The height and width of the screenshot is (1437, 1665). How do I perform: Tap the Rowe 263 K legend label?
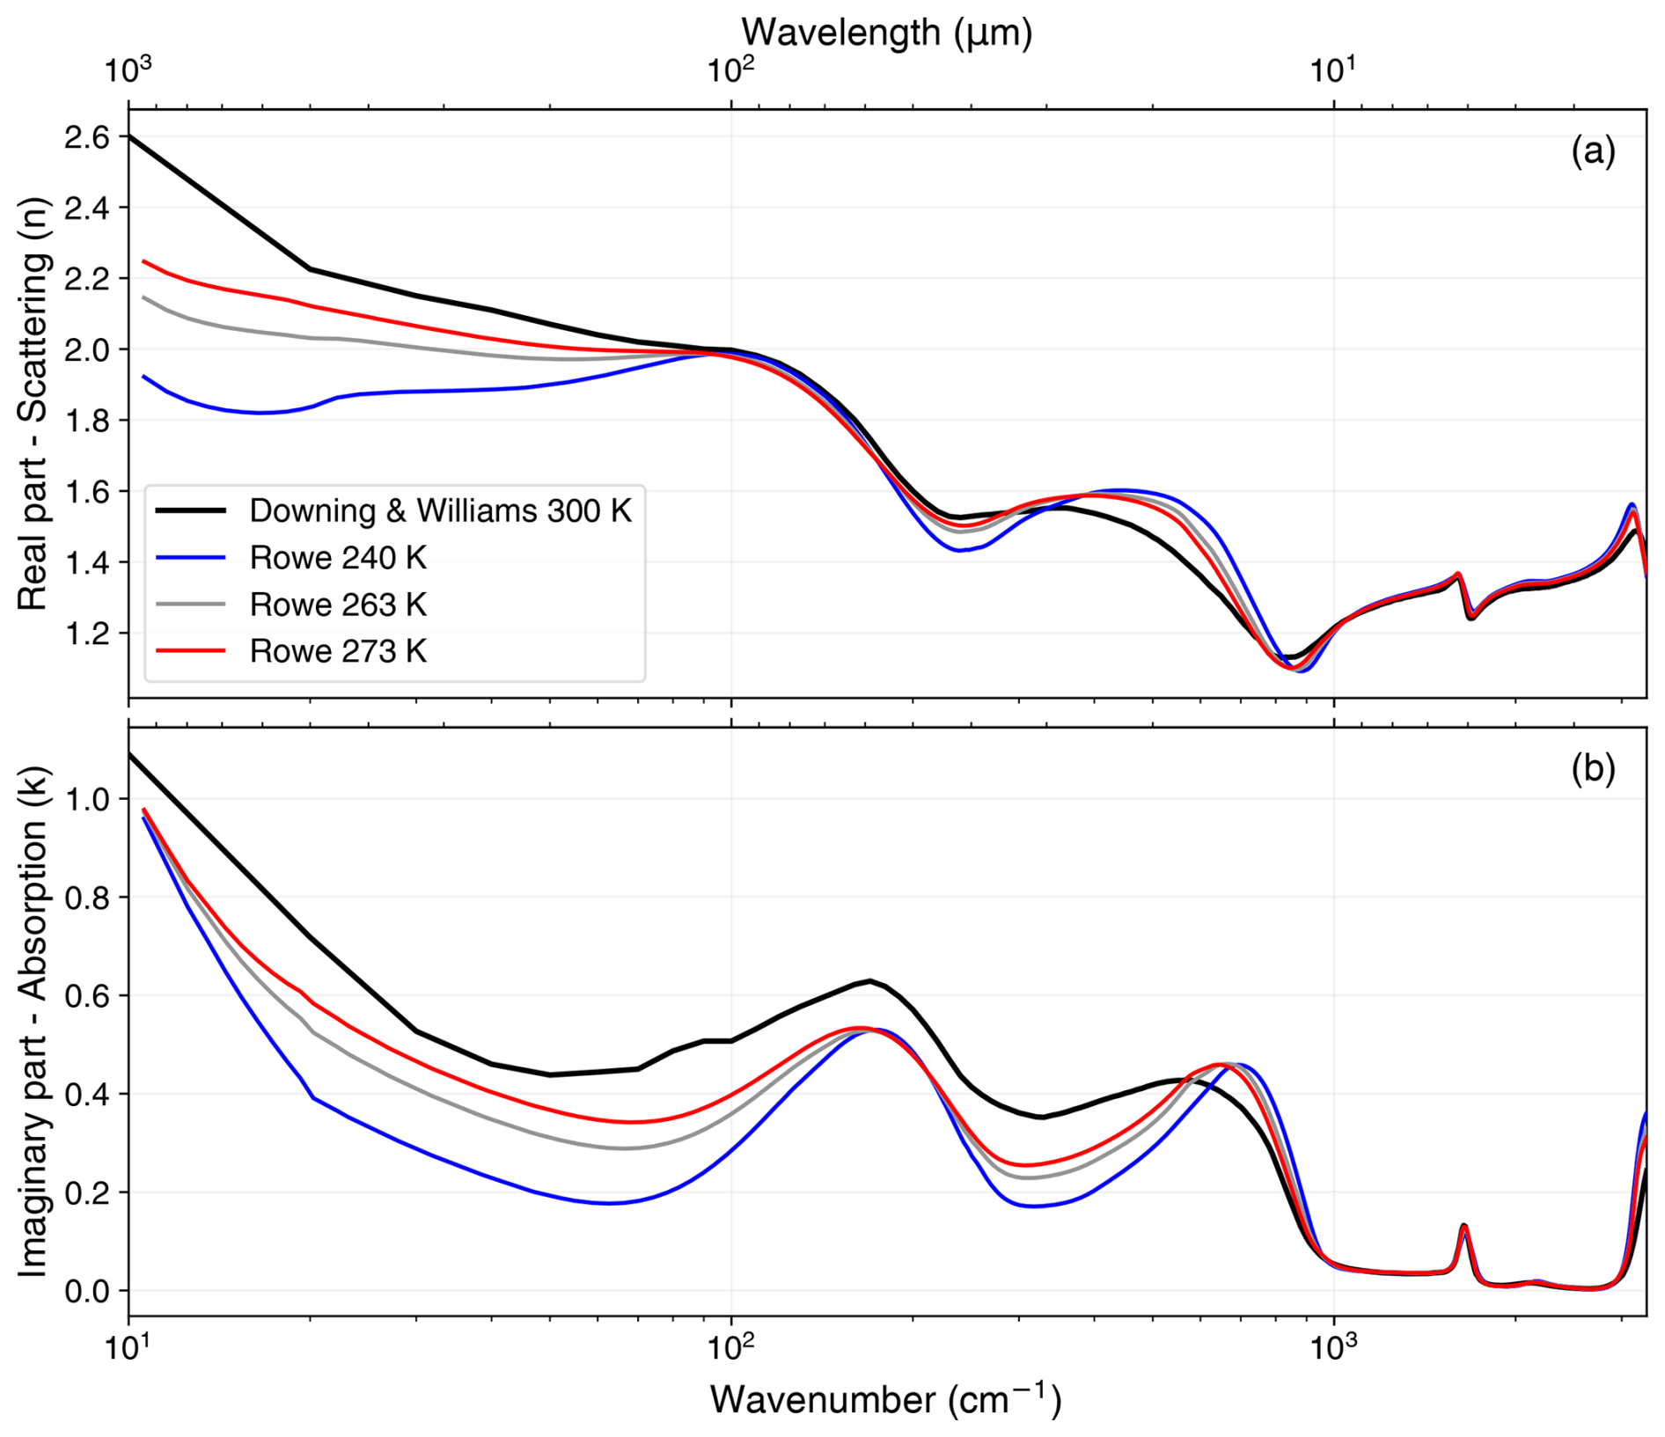click(338, 605)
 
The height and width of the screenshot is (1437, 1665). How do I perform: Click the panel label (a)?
click(1593, 151)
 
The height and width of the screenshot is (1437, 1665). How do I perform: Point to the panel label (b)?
click(1593, 769)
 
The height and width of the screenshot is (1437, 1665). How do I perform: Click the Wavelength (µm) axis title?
click(886, 33)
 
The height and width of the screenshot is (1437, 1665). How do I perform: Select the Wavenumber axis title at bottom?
click(886, 1399)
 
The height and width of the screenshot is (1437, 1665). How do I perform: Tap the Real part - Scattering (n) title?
click(33, 403)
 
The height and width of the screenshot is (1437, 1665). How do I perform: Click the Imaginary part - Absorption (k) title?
click(33, 1021)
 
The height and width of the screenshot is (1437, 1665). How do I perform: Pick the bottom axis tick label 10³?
click(1333, 1349)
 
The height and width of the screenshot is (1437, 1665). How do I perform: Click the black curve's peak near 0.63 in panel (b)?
click(869, 980)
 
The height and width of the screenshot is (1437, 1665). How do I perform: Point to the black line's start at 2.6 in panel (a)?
click(130, 136)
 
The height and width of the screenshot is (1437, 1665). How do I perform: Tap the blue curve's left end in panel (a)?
click(144, 377)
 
